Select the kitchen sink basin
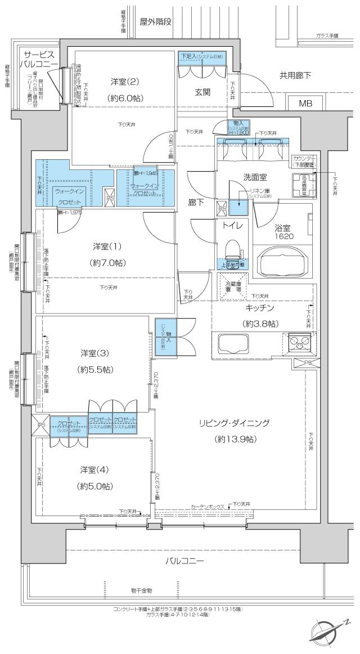[x=231, y=343]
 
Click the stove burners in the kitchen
[x=296, y=341]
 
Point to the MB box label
[x=305, y=104]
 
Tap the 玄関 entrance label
[x=202, y=92]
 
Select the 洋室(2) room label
[x=125, y=81]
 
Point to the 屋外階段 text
[x=156, y=21]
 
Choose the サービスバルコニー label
[x=38, y=60]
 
